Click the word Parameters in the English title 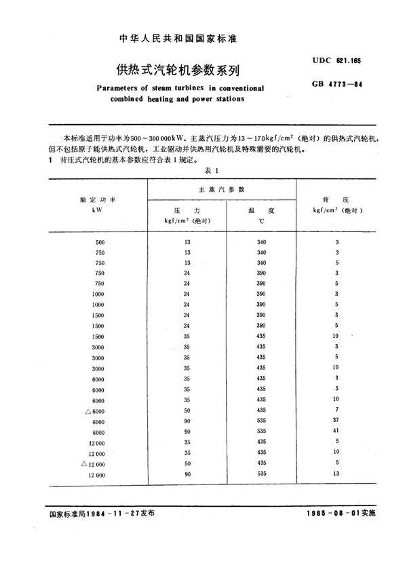(124, 88)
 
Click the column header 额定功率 (100, 200)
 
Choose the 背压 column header (336, 201)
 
